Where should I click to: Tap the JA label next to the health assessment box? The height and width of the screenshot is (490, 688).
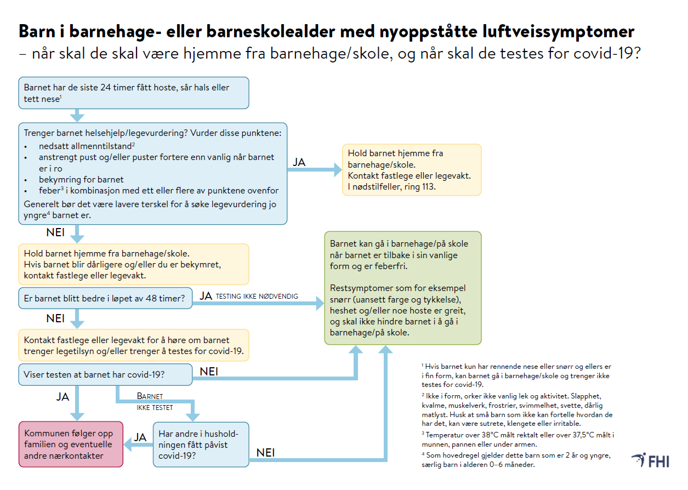point(299,162)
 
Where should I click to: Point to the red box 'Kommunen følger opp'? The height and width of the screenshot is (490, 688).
point(71,444)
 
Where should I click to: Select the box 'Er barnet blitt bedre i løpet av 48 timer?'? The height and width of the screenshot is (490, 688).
point(105,299)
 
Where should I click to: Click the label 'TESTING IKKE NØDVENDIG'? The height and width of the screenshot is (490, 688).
point(257,297)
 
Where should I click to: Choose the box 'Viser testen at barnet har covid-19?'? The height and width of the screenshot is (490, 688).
point(105,375)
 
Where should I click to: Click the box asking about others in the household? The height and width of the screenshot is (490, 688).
point(201,444)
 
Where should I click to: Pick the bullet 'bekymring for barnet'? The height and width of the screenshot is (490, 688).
point(81,180)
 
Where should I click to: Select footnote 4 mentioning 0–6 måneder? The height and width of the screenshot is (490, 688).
point(518,460)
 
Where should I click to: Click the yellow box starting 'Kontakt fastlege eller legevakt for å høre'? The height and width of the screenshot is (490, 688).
point(134,345)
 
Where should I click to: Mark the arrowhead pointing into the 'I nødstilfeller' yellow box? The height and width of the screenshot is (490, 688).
point(336,170)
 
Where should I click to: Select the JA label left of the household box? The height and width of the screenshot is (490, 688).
point(140,437)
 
